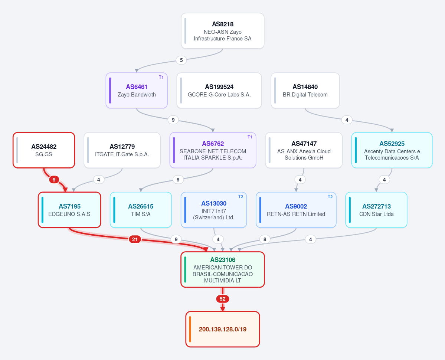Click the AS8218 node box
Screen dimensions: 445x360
click(x=223, y=31)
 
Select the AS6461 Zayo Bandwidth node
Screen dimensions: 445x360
click(x=137, y=91)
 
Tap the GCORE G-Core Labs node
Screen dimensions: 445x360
click(x=219, y=91)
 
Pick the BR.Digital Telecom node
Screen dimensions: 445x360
click(x=305, y=91)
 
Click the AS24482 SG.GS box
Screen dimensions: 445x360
click(x=44, y=150)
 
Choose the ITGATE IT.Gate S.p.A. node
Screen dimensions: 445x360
click(x=122, y=150)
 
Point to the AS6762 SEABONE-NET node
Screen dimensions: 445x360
click(x=213, y=150)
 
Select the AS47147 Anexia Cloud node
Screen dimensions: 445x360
click(x=304, y=150)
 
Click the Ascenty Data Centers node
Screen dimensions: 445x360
click(x=392, y=150)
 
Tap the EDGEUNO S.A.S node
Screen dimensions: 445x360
click(x=69, y=210)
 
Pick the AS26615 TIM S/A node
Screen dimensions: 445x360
click(x=141, y=210)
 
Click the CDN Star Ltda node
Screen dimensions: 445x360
click(x=376, y=210)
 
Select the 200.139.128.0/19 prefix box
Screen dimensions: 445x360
click(x=223, y=329)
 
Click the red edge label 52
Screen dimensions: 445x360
click(x=223, y=299)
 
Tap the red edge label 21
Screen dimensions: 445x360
click(x=135, y=239)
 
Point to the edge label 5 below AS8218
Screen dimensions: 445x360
click(x=181, y=60)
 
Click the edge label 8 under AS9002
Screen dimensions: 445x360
click(x=265, y=239)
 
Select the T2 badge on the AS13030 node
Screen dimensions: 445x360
click(x=241, y=197)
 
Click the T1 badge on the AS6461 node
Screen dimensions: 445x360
click(x=161, y=77)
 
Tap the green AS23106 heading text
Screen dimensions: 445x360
click(x=223, y=260)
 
